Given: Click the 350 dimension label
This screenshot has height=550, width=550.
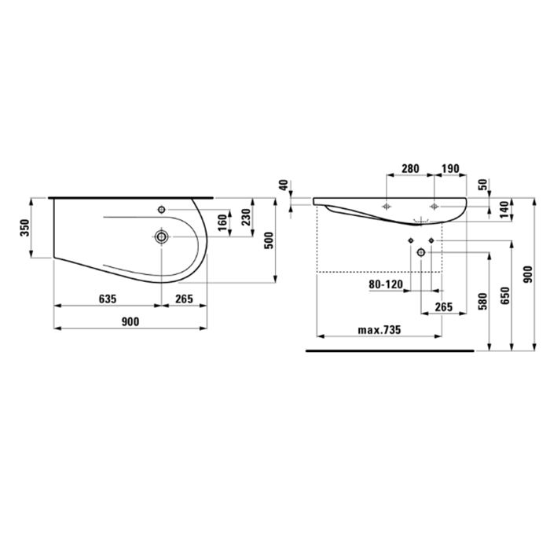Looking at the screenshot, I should pos(25,229).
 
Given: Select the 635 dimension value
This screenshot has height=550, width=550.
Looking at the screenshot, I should pos(108,299).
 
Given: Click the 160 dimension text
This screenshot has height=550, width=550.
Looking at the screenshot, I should pos(222,222).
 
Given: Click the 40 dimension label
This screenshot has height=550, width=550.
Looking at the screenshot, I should pos(284,186).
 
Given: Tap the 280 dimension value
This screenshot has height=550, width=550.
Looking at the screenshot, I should pos(410,168).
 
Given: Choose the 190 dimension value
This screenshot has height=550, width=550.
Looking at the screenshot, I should pos(451,168).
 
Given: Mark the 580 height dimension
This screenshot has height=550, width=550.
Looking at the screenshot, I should pos(482,302).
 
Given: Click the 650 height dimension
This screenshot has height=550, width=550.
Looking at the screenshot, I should pos(504,294).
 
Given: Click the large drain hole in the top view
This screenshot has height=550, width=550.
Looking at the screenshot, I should pos(162,236).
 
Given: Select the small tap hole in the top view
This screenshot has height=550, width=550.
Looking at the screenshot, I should pos(162,209).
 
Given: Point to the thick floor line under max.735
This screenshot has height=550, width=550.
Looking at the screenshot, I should pos(389,349).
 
